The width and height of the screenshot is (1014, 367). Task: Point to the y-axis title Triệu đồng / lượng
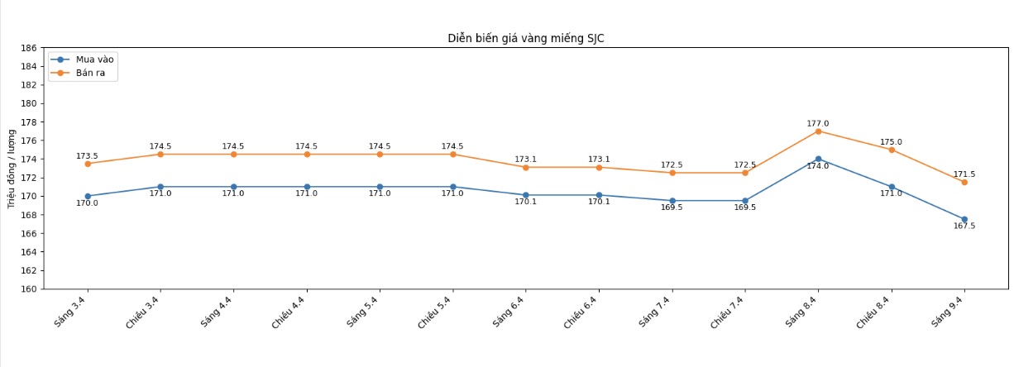click(12, 167)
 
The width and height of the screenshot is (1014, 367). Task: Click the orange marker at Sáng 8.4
click(818, 131)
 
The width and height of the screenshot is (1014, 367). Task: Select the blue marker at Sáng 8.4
click(818, 159)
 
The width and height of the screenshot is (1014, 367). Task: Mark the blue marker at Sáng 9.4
click(964, 219)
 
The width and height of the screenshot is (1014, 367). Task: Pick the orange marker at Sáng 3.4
click(88, 164)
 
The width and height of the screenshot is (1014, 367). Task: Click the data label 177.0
click(818, 124)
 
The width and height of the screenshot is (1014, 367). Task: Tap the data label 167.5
click(964, 226)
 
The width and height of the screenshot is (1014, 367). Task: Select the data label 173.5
click(87, 156)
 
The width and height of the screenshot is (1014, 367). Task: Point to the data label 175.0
click(892, 142)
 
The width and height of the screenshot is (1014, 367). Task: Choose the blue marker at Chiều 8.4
click(892, 187)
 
